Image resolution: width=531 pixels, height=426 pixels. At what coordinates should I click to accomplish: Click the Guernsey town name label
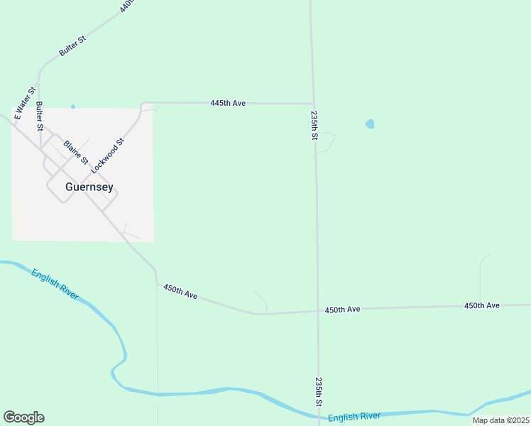89,187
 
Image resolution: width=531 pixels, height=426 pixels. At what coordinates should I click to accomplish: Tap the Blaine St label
75,151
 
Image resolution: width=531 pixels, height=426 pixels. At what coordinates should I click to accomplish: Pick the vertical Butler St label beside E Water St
40,117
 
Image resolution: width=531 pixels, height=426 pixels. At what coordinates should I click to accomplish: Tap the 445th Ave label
228,103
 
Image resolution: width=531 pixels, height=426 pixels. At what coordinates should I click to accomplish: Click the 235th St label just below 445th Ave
314,124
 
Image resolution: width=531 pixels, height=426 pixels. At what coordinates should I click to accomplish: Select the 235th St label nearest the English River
319,391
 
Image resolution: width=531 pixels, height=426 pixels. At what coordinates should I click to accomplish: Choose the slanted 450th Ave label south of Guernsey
180,291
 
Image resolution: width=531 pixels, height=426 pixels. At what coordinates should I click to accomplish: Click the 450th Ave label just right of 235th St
343,310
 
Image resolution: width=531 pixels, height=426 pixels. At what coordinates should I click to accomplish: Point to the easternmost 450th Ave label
482,305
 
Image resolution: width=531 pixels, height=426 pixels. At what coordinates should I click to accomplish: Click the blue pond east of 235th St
370,124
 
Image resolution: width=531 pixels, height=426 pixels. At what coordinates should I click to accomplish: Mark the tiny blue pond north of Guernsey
72,106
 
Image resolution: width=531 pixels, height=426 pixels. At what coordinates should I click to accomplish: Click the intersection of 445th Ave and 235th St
312,104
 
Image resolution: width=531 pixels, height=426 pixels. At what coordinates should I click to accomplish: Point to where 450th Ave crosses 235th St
317,310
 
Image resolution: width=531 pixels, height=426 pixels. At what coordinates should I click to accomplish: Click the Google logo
23,417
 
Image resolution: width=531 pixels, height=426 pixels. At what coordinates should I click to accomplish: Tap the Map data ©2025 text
500,420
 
